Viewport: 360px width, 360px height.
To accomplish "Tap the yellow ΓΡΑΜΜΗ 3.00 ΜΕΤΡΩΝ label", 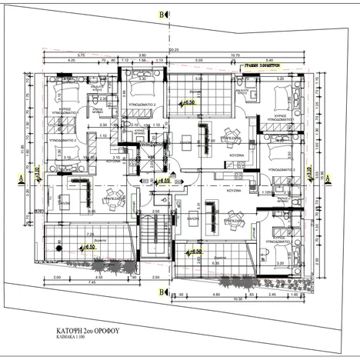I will (260, 68).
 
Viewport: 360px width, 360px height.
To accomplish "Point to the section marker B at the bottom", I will (161, 292).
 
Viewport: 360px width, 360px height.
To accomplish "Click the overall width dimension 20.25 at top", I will (173, 50).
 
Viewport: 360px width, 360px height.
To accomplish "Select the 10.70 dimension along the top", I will (255, 55).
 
